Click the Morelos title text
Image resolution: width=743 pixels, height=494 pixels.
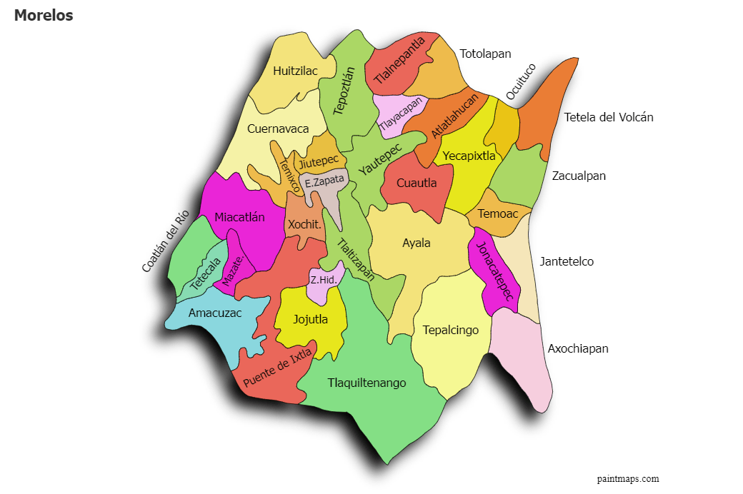pyautogui.click(x=44, y=15)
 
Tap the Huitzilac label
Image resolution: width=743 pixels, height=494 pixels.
pyautogui.click(x=295, y=71)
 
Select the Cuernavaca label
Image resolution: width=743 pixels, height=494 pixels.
pyautogui.click(x=278, y=128)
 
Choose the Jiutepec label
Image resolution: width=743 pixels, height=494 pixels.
pyautogui.click(x=319, y=162)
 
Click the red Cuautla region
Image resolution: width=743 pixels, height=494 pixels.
pyautogui.click(x=417, y=183)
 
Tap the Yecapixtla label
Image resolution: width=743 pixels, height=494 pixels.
pyautogui.click(x=469, y=156)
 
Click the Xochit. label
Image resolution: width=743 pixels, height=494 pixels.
pyautogui.click(x=304, y=224)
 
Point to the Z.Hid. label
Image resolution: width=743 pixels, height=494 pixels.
pyautogui.click(x=324, y=280)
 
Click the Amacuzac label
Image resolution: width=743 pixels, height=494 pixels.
pyautogui.click(x=215, y=313)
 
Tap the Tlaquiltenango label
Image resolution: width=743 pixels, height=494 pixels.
pyautogui.click(x=366, y=383)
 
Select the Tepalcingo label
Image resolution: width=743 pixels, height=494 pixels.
pyautogui.click(x=450, y=330)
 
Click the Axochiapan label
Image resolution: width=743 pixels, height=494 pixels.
pyautogui.click(x=578, y=348)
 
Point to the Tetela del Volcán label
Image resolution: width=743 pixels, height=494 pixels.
pyautogui.click(x=609, y=117)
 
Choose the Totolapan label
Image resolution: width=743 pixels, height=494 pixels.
pyautogui.click(x=486, y=54)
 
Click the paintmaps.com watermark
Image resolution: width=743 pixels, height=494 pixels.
pyautogui.click(x=628, y=478)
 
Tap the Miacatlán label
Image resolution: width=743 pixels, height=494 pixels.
pyautogui.click(x=239, y=217)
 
